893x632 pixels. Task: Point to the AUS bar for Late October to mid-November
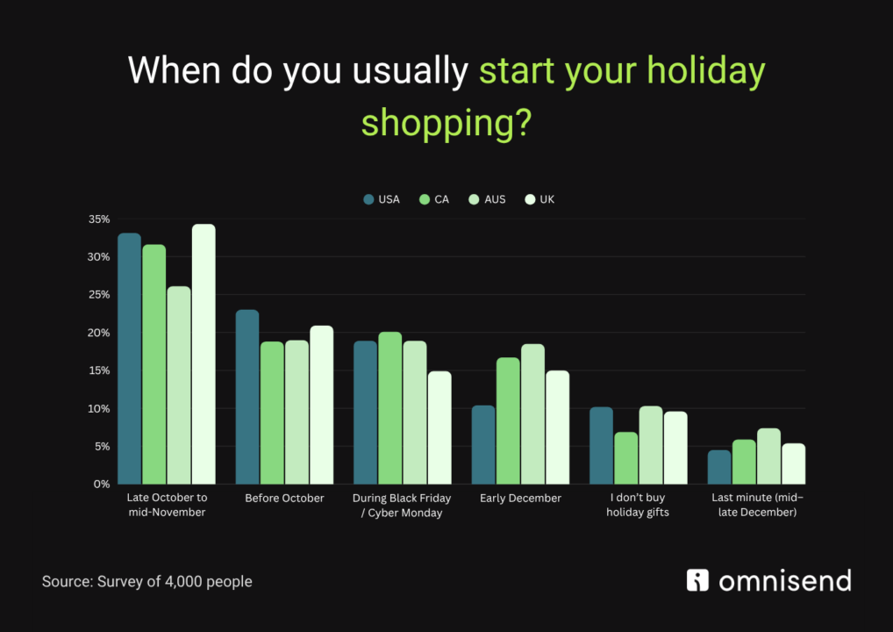pos(179,385)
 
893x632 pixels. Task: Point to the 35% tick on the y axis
pos(99,219)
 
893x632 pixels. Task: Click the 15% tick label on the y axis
pos(99,370)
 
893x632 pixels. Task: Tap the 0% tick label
pos(102,484)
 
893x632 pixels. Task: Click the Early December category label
pos(520,499)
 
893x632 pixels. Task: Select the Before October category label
pos(285,499)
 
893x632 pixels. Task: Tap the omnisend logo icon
pos(698,580)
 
